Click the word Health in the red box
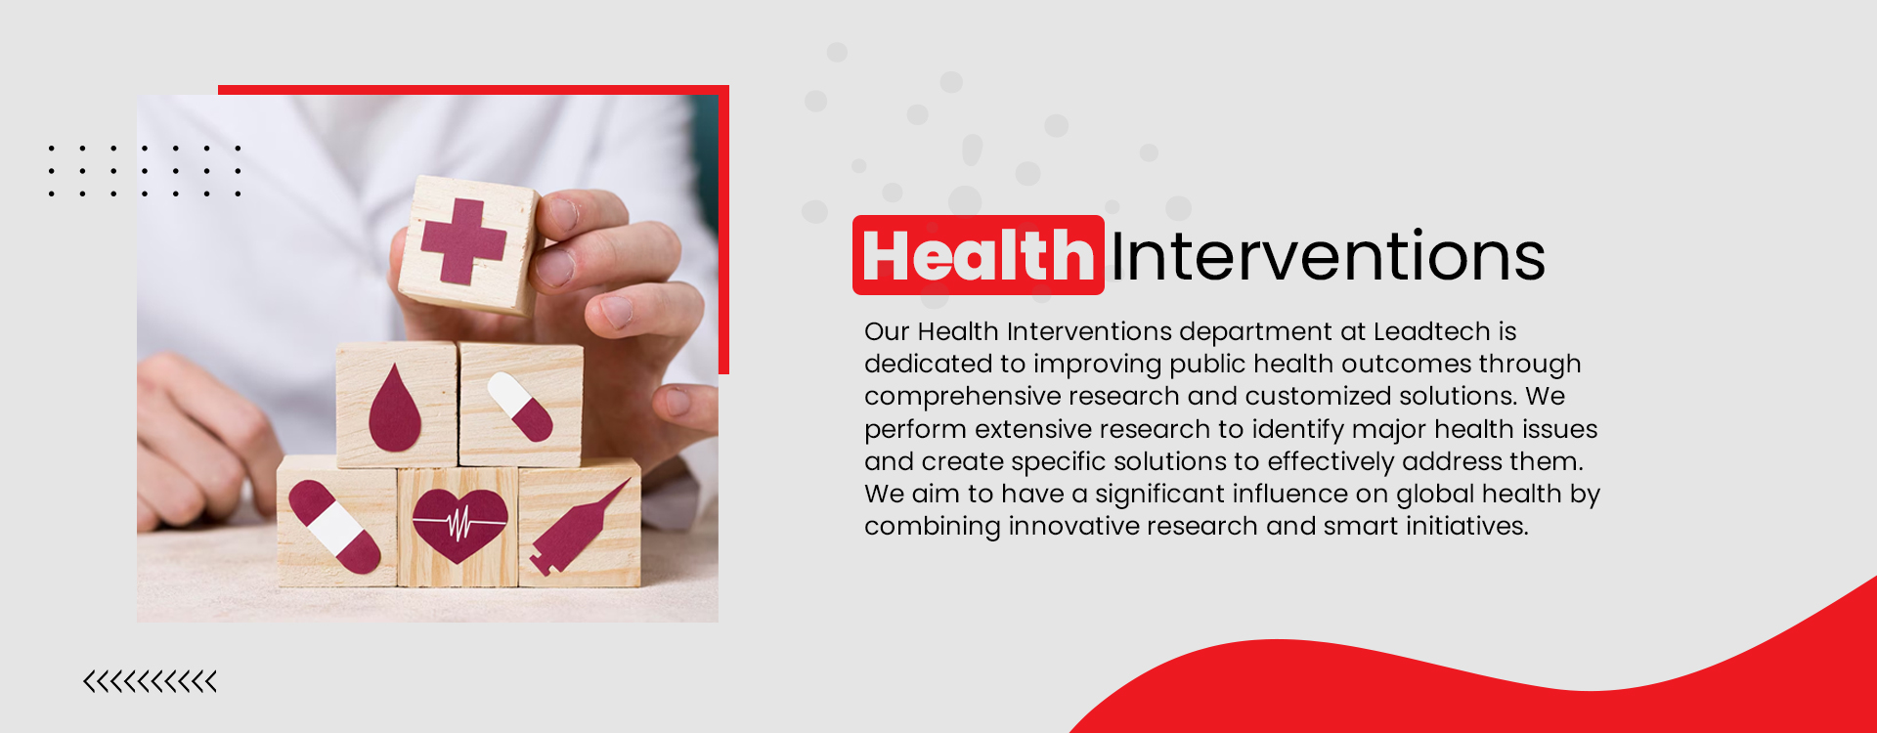click(978, 256)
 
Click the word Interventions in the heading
click(1328, 256)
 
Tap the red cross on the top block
click(463, 241)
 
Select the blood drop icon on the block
click(395, 409)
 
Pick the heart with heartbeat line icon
click(459, 525)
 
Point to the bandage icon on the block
click(334, 527)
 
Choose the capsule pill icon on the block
click(520, 406)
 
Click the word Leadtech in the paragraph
click(1431, 332)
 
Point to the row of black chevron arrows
click(150, 681)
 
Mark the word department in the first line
click(1255, 332)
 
